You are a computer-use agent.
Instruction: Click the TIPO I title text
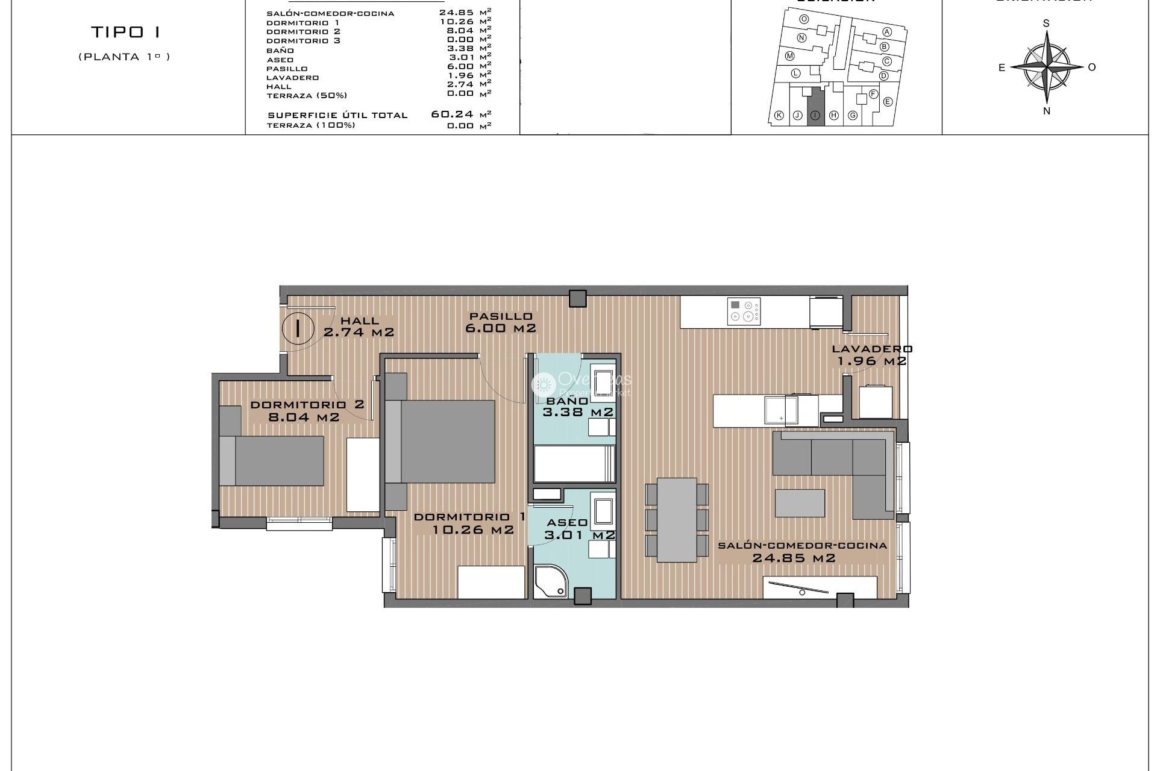125,32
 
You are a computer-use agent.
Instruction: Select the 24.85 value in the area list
456,13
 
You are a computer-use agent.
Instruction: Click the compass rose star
1047,66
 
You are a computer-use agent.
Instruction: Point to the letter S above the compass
1046,23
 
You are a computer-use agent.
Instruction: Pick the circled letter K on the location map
779,116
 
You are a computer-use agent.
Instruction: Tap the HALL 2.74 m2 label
359,326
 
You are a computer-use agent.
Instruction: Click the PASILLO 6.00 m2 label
501,322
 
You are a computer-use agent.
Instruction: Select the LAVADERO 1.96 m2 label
872,355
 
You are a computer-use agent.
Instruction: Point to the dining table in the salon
677,519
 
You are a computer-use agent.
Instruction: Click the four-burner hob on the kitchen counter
744,311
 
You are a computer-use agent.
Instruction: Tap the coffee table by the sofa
800,503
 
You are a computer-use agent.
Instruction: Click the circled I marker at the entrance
298,328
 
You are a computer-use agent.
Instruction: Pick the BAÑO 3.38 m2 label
577,407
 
